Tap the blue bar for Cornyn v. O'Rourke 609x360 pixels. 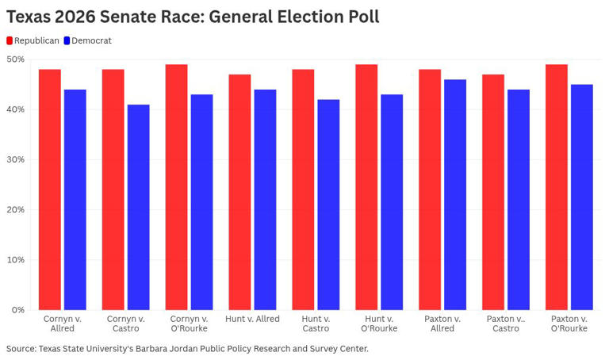pyautogui.click(x=201, y=201)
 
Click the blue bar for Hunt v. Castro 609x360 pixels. pyautogui.click(x=328, y=204)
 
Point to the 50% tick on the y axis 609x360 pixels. pyautogui.click(x=15, y=59)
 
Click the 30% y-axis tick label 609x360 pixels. pyautogui.click(x=15, y=159)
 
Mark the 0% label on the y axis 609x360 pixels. pyautogui.click(x=17, y=310)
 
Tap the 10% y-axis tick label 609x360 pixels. pyautogui.click(x=15, y=260)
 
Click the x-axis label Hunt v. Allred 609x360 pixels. pyautogui.click(x=252, y=319)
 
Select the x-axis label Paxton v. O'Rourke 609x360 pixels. pyautogui.click(x=569, y=324)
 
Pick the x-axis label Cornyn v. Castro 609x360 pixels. pyautogui.click(x=125, y=324)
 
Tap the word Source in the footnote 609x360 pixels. pyautogui.click(x=21, y=348)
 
